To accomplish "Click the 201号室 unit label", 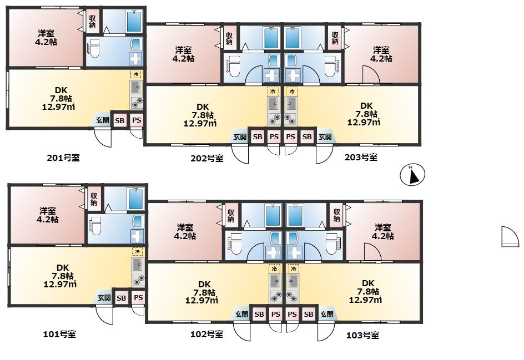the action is pyautogui.click(x=63, y=158).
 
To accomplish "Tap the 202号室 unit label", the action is pyautogui.click(x=207, y=158).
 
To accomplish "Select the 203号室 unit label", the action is pyautogui.click(x=361, y=157).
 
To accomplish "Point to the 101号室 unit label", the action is pyautogui.click(x=59, y=334).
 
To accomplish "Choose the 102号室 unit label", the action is pyautogui.click(x=206, y=334).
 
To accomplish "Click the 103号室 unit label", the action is pyautogui.click(x=362, y=335).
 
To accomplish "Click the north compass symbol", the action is pyautogui.click(x=412, y=175).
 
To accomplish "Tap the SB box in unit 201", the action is pyautogui.click(x=120, y=120).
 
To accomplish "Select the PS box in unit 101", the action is pyautogui.click(x=138, y=297).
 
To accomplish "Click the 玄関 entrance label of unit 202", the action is pyautogui.click(x=240, y=136).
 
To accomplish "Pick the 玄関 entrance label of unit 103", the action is pyautogui.click(x=326, y=315).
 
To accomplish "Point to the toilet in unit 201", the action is pyautogui.click(x=94, y=48).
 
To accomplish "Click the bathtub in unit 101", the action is pyautogui.click(x=135, y=199).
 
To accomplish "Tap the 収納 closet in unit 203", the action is pyautogui.click(x=335, y=38).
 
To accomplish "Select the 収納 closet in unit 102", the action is pyautogui.click(x=230, y=215).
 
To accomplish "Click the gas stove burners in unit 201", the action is pyautogui.click(x=137, y=103).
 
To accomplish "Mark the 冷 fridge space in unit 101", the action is pyautogui.click(x=137, y=251).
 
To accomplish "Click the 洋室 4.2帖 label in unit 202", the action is pyautogui.click(x=184, y=54).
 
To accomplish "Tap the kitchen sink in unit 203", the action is pyautogui.click(x=291, y=105).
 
